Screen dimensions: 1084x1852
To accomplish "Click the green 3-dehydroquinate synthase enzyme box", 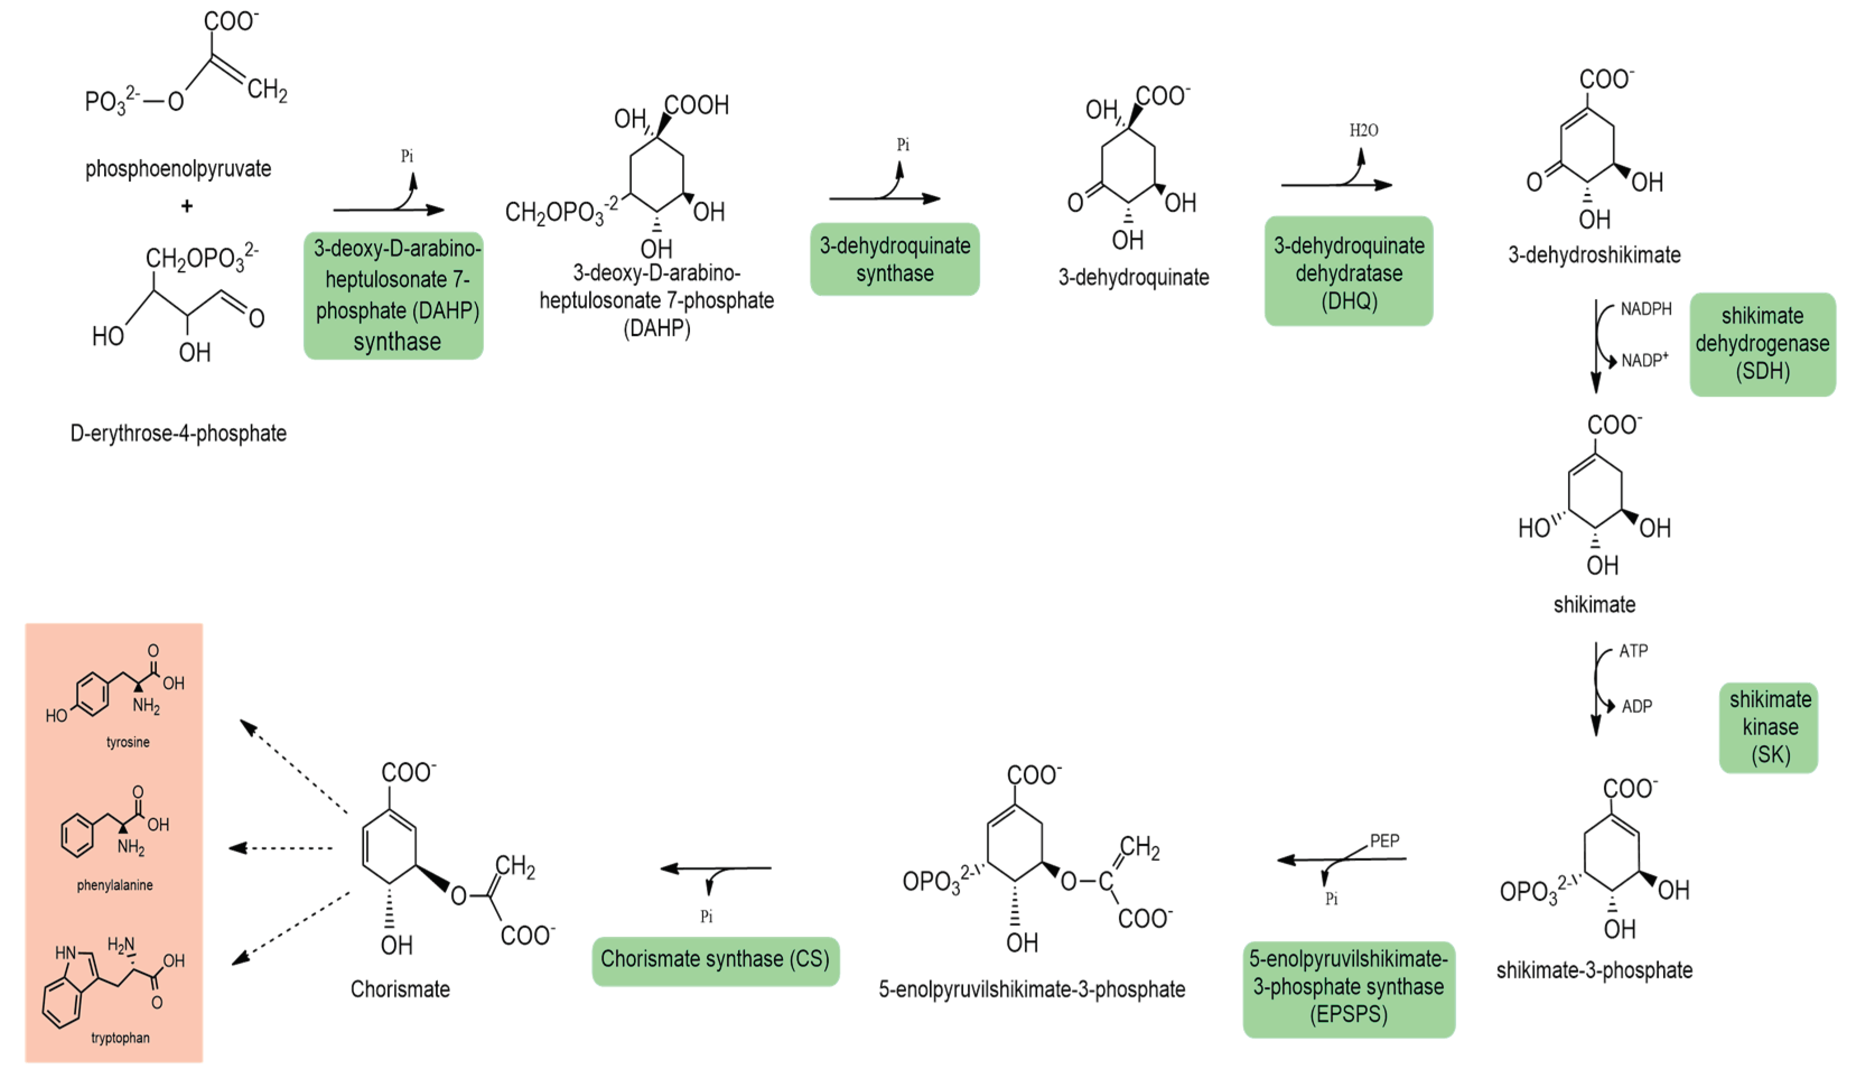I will [x=894, y=259].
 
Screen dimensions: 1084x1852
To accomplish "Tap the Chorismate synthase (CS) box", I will [x=715, y=960].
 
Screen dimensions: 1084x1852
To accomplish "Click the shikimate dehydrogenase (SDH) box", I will [x=1762, y=344].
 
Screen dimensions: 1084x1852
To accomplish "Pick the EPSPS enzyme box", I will [x=1348, y=987].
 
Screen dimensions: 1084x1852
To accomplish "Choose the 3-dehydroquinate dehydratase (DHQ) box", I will [x=1348, y=272].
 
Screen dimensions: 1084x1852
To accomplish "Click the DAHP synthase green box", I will [x=394, y=295].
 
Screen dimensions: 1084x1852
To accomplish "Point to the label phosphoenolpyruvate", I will [x=179, y=169].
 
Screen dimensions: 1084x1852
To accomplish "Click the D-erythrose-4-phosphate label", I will [x=179, y=433].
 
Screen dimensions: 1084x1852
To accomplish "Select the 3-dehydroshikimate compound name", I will [x=1594, y=255].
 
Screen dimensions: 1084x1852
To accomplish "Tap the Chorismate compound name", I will [x=400, y=989].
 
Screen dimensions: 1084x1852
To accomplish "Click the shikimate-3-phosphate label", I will [x=1594, y=970].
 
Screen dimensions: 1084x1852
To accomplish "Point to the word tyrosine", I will [x=128, y=742].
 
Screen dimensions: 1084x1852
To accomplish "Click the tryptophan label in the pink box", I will [x=120, y=1038].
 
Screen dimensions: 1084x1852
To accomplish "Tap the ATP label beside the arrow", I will [x=1633, y=651].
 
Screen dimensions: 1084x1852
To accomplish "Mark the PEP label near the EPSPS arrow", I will [x=1384, y=840].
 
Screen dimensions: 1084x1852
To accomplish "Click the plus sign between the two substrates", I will [x=186, y=207].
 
